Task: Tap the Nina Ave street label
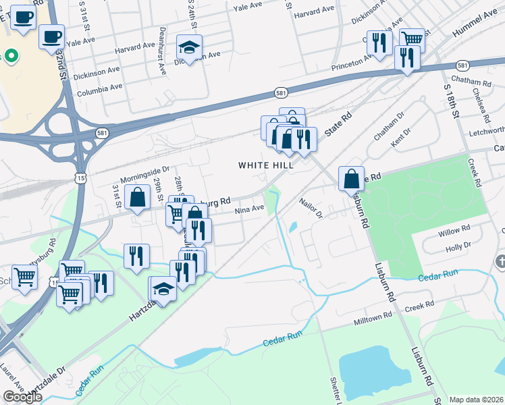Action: [249, 209]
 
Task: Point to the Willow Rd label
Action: [453, 232]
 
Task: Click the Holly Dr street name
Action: [458, 248]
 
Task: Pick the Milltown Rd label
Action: [373, 317]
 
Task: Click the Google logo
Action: [22, 397]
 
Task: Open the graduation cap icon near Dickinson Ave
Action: [190, 48]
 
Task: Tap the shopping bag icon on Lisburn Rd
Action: [351, 179]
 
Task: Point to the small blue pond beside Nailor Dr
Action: [292, 227]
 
